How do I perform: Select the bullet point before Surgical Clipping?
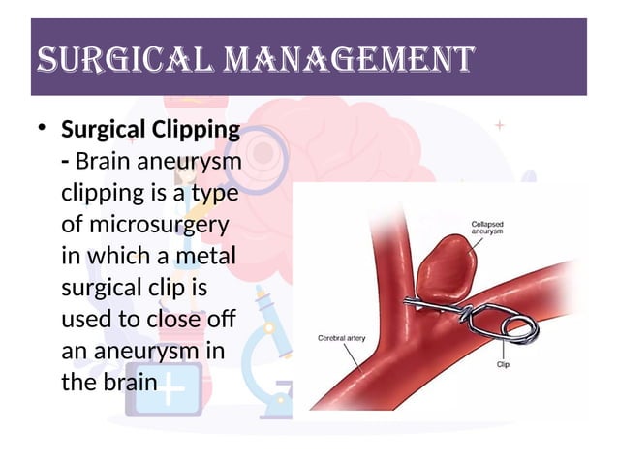[x=40, y=130]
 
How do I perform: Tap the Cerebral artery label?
[x=345, y=338]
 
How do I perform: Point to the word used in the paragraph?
[x=82, y=319]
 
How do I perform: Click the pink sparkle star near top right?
[x=499, y=125]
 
